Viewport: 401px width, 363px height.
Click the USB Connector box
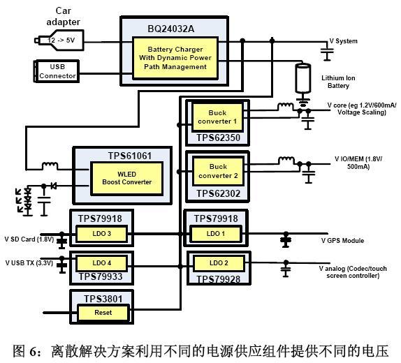coord(57,71)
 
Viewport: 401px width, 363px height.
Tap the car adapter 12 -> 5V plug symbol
coord(59,40)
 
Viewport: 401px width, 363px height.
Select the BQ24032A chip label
coord(171,29)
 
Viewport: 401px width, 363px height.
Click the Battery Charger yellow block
coord(175,58)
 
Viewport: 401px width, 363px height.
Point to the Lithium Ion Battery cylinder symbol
coord(303,78)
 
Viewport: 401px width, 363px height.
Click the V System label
coord(344,41)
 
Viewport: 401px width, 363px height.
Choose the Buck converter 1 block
coord(217,117)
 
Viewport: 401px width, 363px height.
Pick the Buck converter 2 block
coord(218,171)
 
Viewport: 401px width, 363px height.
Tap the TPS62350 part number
coord(218,138)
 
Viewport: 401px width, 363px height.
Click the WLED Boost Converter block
coord(126,178)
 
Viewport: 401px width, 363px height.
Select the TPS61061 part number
coord(130,156)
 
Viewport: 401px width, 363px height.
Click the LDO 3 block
coord(101,233)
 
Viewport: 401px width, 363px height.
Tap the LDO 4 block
coord(101,262)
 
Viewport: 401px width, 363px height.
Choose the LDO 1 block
coord(215,233)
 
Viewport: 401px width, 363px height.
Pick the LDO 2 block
coord(219,263)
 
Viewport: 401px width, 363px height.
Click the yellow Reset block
coord(103,312)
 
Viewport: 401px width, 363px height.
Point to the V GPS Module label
coord(342,241)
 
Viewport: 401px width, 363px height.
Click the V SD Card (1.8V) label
coord(29,239)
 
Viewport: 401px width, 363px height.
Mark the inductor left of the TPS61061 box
coord(50,165)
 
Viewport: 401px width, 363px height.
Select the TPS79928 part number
coord(218,279)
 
